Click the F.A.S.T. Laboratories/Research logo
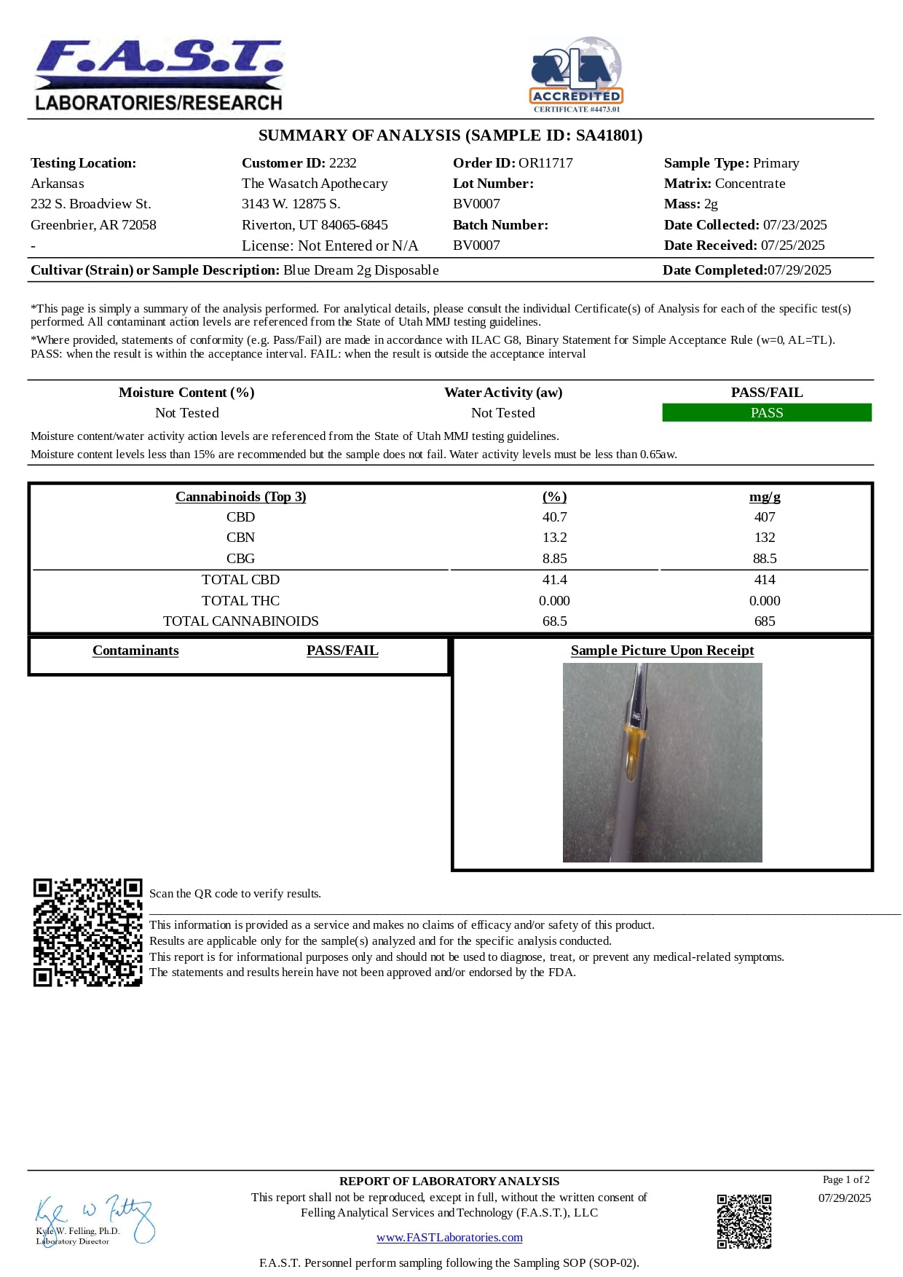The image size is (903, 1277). (x=159, y=76)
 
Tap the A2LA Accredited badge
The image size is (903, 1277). (x=576, y=75)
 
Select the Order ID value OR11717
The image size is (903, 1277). (x=545, y=163)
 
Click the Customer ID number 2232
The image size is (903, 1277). (x=342, y=163)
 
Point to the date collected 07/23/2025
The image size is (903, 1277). (x=794, y=225)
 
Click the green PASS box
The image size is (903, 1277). (x=767, y=413)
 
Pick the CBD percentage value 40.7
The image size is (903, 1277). (x=554, y=517)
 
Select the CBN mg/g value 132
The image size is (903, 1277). (x=765, y=538)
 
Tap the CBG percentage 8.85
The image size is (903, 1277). (x=554, y=559)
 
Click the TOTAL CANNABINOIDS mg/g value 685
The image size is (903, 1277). (x=765, y=621)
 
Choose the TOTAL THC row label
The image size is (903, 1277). (x=240, y=601)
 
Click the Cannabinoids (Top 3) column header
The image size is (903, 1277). (x=240, y=497)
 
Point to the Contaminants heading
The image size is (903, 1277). (x=135, y=651)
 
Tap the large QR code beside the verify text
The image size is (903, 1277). (x=87, y=932)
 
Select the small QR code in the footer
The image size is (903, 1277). (x=744, y=1221)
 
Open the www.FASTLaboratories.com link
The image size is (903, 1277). (x=449, y=1238)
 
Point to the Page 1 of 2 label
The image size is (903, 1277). (x=845, y=1179)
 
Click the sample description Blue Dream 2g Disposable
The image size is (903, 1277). (x=360, y=270)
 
